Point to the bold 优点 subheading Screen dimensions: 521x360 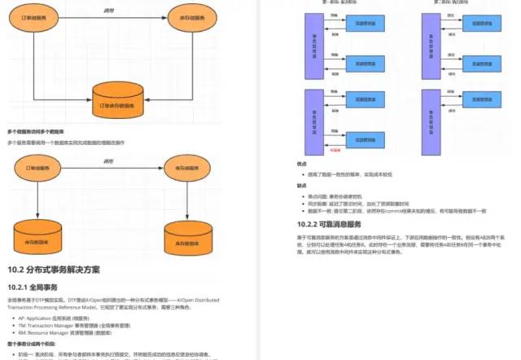pyautogui.click(x=303, y=165)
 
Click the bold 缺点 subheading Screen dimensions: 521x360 pyautogui.click(x=303, y=185)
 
